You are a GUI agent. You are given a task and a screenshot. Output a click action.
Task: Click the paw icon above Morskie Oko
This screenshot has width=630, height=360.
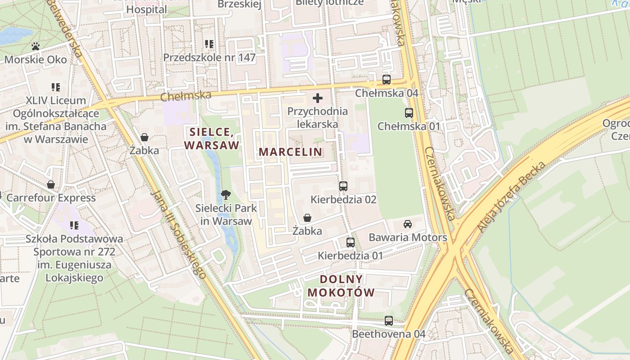pyautogui.click(x=36, y=46)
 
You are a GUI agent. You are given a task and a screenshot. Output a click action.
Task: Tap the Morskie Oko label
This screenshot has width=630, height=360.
pyautogui.click(x=36, y=59)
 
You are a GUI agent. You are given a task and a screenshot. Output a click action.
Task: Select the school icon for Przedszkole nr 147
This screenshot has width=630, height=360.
pyautogui.click(x=209, y=44)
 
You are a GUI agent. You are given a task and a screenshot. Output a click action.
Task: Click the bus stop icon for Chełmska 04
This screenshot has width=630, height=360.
pyautogui.click(x=387, y=80)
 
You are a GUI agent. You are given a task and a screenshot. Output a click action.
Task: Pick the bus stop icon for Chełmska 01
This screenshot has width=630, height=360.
pyautogui.click(x=409, y=113)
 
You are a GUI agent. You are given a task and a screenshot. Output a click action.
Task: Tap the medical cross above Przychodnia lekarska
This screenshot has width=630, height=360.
pyautogui.click(x=318, y=98)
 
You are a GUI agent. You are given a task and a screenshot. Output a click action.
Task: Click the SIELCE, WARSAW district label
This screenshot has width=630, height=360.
pyautogui.click(x=211, y=139)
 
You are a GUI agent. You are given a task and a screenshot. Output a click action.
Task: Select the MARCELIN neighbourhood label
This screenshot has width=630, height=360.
pyautogui.click(x=291, y=152)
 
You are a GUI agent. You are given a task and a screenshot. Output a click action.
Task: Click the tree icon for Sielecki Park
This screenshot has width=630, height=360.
pyautogui.click(x=226, y=195)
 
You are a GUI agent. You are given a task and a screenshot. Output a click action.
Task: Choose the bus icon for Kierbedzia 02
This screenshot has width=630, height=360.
pyautogui.click(x=343, y=186)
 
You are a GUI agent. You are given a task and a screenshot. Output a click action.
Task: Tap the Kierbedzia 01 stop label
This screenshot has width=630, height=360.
pyautogui.click(x=350, y=256)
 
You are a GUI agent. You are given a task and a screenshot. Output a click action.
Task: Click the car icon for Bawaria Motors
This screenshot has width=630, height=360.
pyautogui.click(x=408, y=224)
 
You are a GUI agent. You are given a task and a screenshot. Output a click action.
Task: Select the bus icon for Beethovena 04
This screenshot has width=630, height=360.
pyautogui.click(x=389, y=321)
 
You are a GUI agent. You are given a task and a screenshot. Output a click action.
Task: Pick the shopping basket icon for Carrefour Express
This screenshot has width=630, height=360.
pyautogui.click(x=51, y=184)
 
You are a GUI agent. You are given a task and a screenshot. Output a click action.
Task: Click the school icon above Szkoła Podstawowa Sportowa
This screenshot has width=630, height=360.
pyautogui.click(x=74, y=225)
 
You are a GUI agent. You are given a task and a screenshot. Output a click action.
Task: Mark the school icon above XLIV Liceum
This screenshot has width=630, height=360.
pyautogui.click(x=56, y=87)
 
